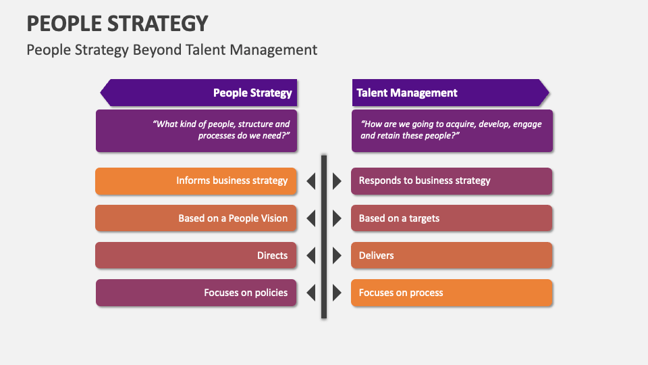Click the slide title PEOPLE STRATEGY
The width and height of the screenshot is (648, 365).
pyautogui.click(x=117, y=23)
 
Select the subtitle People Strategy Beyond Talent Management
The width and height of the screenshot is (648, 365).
pyautogui.click(x=171, y=49)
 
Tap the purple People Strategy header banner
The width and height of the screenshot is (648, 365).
pyautogui.click(x=199, y=93)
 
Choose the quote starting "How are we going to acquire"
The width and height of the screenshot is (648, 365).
pyautogui.click(x=452, y=130)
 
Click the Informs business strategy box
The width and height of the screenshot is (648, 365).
pyautogui.click(x=196, y=180)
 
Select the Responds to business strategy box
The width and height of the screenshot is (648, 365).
pyautogui.click(x=452, y=180)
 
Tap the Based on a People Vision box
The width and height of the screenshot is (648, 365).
pyautogui.click(x=196, y=218)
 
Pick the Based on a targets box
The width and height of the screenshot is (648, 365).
pyautogui.click(x=452, y=218)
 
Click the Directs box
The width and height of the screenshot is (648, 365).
pyautogui.click(x=196, y=255)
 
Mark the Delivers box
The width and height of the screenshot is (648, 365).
pyautogui.click(x=452, y=255)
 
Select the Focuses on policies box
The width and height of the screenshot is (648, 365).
pyautogui.click(x=196, y=293)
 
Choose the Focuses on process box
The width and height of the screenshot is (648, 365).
pyautogui.click(x=452, y=293)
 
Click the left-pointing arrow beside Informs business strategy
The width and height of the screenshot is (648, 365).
pyautogui.click(x=311, y=181)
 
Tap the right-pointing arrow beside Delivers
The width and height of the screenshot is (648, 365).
pyautogui.click(x=337, y=255)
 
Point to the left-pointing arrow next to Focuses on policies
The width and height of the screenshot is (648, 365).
pyautogui.click(x=311, y=293)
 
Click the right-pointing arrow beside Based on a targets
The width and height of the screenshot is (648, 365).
pyautogui.click(x=337, y=218)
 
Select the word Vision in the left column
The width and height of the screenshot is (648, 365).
pyautogui.click(x=273, y=218)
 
